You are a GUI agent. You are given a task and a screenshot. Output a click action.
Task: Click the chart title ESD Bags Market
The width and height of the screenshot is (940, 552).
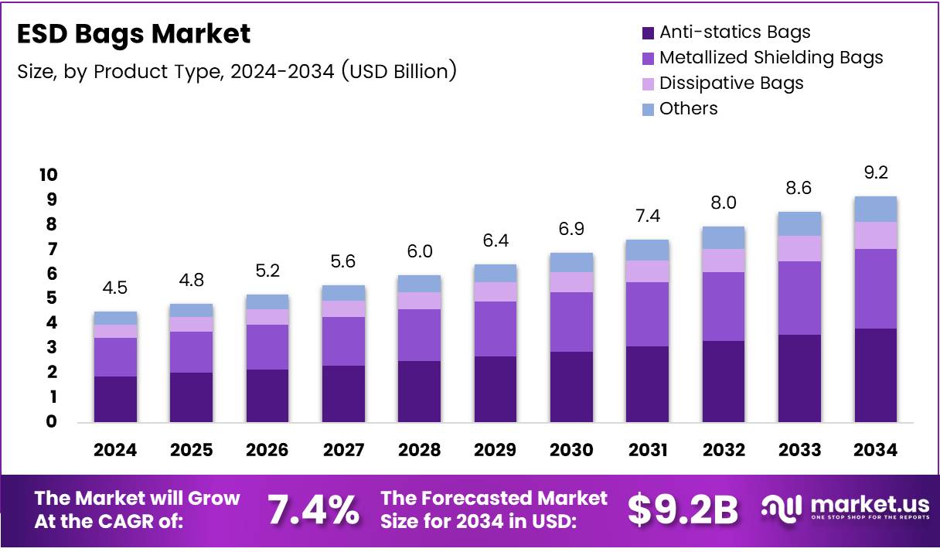point(134,34)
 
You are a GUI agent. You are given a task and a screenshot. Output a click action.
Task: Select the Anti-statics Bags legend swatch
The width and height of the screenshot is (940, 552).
point(648,33)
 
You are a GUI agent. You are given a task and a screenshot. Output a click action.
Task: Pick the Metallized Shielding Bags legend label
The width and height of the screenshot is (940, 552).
point(771,57)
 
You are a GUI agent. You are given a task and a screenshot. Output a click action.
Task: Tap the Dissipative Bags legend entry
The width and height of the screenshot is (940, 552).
point(731,83)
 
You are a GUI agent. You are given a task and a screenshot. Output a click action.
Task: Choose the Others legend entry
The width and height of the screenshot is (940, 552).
point(688,108)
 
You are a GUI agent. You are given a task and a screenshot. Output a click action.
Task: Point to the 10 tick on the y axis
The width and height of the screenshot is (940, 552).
point(48,175)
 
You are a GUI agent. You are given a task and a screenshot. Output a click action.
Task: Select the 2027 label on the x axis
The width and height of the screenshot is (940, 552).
point(344,450)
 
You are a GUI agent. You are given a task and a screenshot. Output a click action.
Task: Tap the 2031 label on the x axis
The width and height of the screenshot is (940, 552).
point(648,450)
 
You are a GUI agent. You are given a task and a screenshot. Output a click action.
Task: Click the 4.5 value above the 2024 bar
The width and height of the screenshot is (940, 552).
point(115,288)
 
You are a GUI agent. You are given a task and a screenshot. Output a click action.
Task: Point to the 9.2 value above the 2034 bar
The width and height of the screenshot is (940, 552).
point(876,173)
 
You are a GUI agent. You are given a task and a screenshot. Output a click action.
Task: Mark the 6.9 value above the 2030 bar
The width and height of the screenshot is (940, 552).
point(571,230)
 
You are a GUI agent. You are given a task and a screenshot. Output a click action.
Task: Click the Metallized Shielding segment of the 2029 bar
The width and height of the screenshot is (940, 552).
point(496,329)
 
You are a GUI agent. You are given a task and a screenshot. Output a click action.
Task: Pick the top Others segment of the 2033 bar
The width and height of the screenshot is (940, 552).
point(799,223)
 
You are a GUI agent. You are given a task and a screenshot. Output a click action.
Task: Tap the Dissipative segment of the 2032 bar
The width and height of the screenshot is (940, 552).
point(724,261)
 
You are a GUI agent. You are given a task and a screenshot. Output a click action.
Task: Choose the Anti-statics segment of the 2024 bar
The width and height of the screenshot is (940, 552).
point(115,399)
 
